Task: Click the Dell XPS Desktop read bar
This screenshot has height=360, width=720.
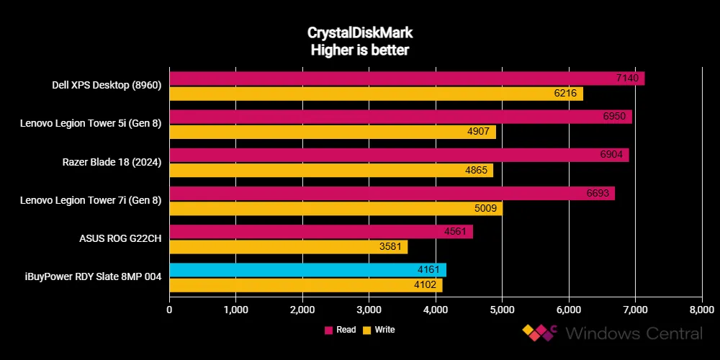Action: point(407,78)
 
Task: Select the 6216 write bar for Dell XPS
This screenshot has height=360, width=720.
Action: point(376,94)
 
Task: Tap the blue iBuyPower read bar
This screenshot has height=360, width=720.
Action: point(307,270)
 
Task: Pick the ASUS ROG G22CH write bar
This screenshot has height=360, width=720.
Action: point(288,247)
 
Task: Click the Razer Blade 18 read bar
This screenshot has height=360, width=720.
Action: point(399,155)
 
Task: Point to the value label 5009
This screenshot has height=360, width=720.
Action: point(490,209)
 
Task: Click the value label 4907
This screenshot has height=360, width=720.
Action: point(483,132)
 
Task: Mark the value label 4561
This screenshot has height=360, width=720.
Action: point(460,232)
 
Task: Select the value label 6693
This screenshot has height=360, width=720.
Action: point(602,194)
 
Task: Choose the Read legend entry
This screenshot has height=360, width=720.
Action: point(342,330)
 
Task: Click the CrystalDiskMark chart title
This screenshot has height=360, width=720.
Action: point(359,33)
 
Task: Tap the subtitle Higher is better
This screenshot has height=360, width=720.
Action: point(359,50)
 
